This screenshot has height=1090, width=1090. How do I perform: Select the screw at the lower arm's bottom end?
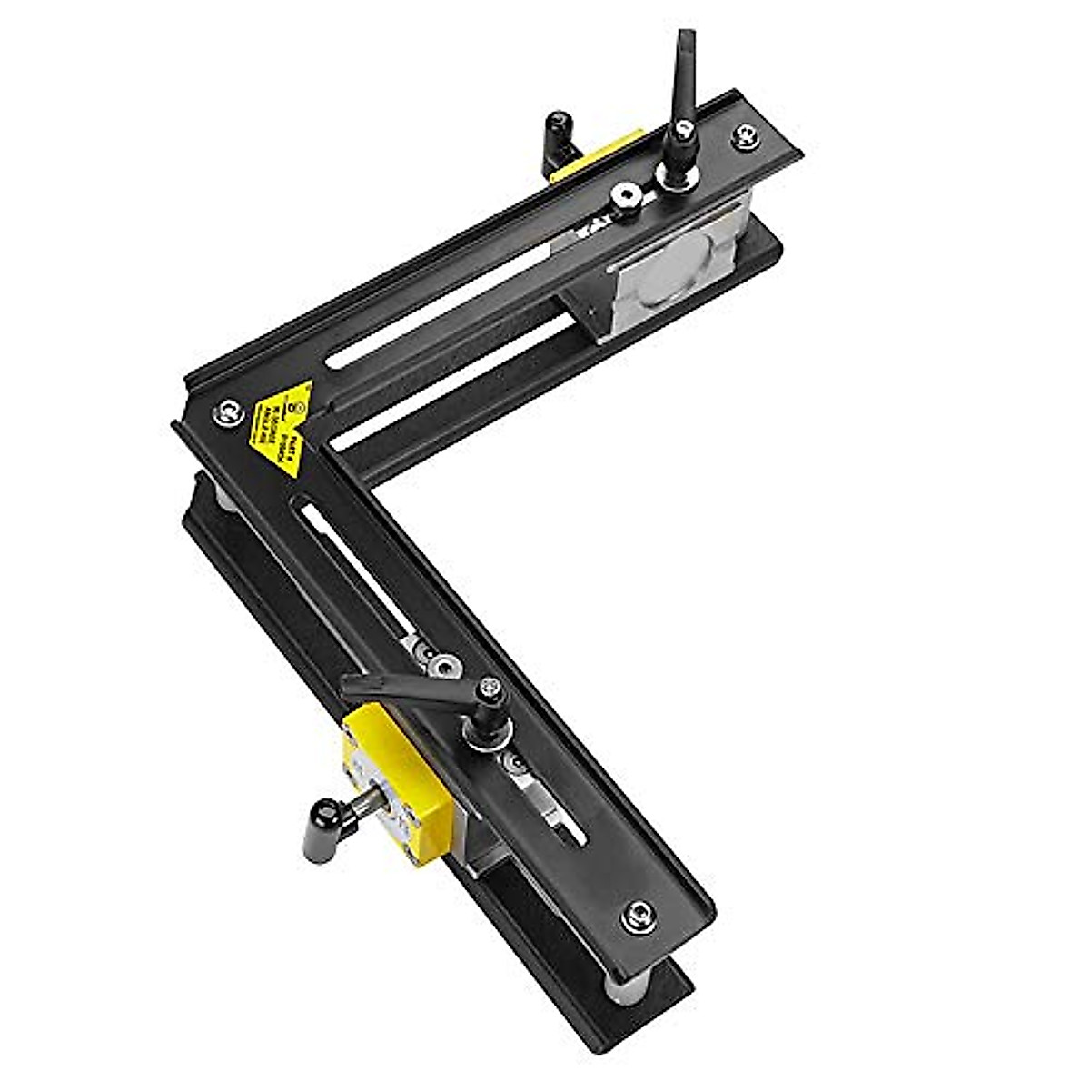tap(639, 916)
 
